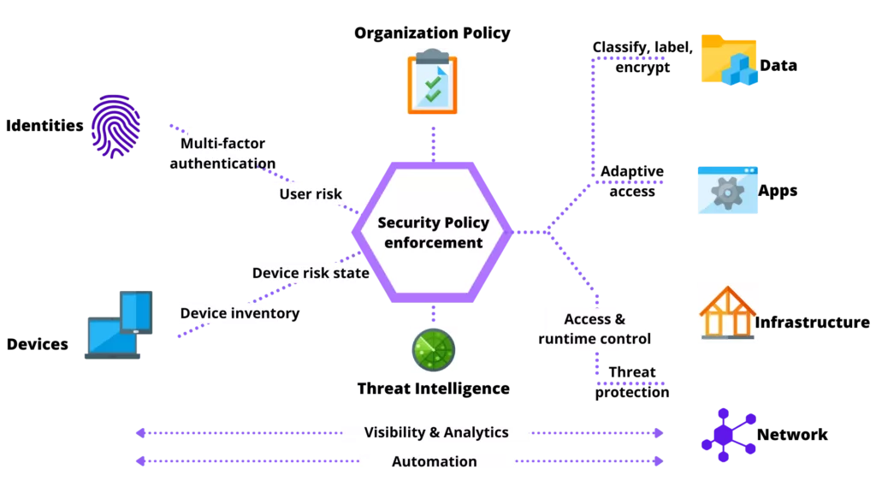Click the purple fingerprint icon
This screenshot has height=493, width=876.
(115, 127)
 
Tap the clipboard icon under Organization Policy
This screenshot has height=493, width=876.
(432, 81)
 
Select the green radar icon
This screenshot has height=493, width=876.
(434, 350)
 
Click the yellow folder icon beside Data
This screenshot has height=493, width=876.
(729, 60)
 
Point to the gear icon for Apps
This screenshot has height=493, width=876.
(727, 190)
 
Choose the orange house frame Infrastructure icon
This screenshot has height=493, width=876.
(727, 312)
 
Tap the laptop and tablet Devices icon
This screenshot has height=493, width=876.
(118, 324)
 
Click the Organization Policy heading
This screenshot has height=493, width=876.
(432, 33)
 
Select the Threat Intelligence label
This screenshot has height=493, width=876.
(434, 389)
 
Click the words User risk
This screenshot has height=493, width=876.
(311, 194)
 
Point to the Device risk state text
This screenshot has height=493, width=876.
(311, 273)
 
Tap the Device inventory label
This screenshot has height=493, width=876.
(240, 313)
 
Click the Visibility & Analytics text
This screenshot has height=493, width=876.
(436, 432)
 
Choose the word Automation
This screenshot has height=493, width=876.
(434, 461)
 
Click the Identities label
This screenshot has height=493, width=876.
(44, 126)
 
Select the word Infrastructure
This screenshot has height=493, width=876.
(813, 323)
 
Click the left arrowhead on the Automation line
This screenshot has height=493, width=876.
(141, 461)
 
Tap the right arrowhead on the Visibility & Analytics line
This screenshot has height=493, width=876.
(659, 432)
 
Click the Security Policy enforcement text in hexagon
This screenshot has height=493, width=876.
(434, 233)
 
